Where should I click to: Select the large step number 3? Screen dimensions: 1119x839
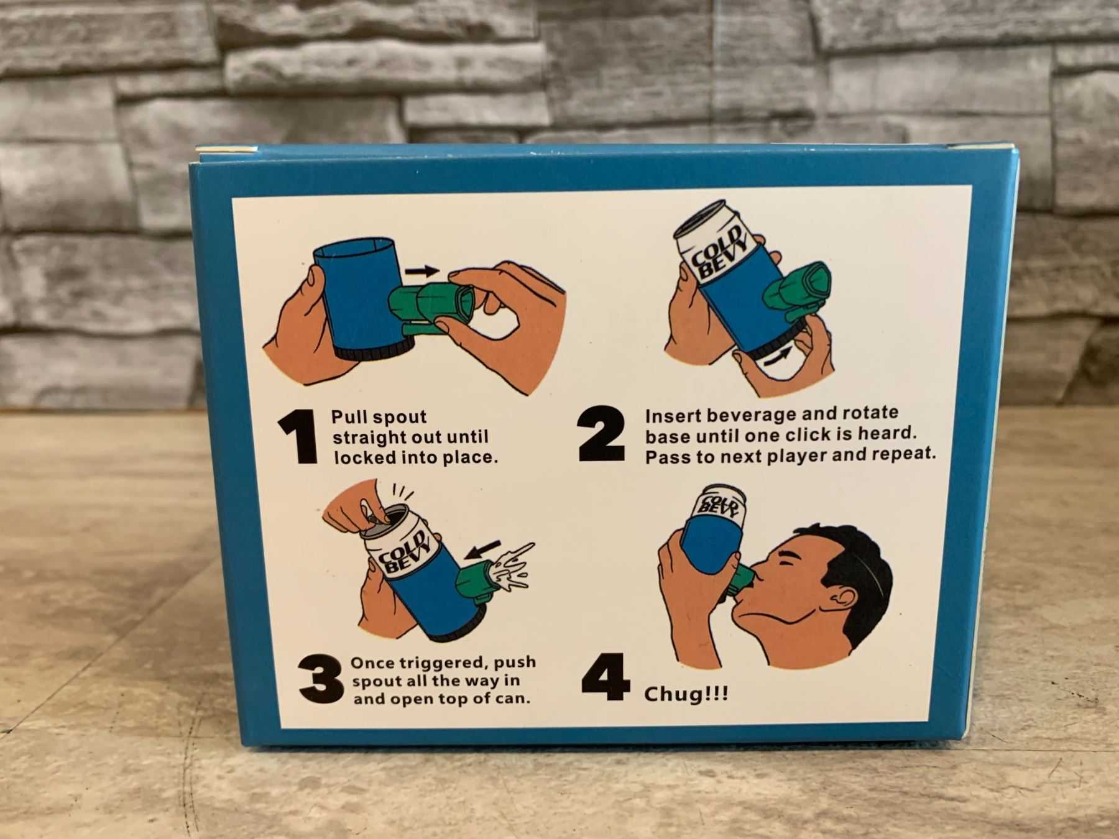[x=320, y=681]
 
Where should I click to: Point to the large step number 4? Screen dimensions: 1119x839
[x=605, y=677]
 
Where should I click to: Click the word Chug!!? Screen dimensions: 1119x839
[x=686, y=694]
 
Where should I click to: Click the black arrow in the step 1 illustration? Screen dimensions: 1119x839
[x=421, y=271]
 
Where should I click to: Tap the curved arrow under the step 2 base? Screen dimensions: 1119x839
[x=776, y=357]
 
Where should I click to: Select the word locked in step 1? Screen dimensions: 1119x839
[x=356, y=457]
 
